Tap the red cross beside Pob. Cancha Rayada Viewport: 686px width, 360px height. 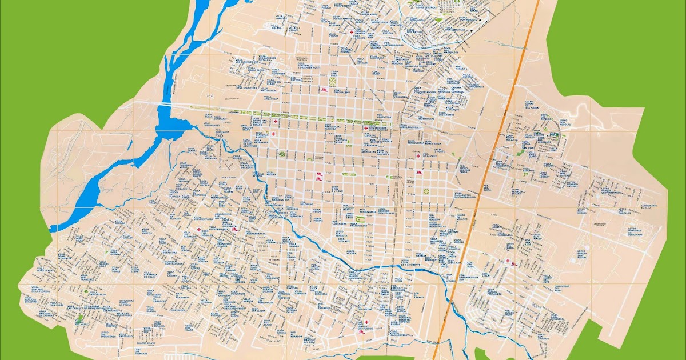[x=351, y=33]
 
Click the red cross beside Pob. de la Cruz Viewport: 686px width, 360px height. [x=419, y=155]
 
